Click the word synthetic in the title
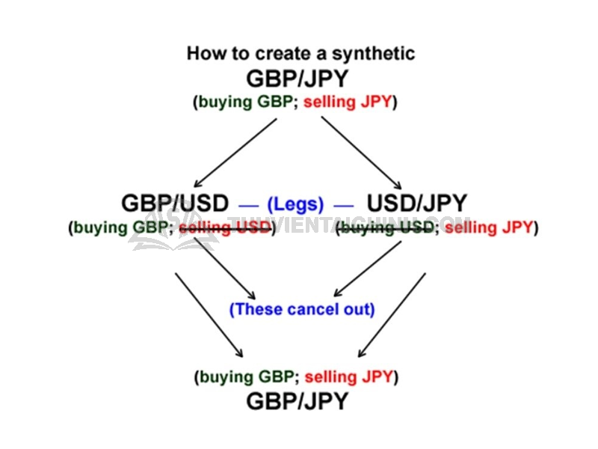(x=373, y=54)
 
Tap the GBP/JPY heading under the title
(x=297, y=79)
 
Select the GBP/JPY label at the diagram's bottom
(x=297, y=401)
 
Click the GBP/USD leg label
(x=175, y=203)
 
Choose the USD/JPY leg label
(x=417, y=203)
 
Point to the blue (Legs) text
(x=295, y=204)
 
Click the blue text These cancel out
(x=302, y=309)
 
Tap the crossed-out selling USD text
(x=225, y=227)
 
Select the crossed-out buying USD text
(x=386, y=227)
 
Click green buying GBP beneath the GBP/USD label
(x=120, y=227)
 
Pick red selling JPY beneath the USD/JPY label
(x=489, y=227)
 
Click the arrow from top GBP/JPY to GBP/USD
(x=235, y=153)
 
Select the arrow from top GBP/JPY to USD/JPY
(x=361, y=153)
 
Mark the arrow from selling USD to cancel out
(x=225, y=269)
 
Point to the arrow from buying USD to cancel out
(x=368, y=269)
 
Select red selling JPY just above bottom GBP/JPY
(x=348, y=377)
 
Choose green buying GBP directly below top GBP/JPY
(x=245, y=102)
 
